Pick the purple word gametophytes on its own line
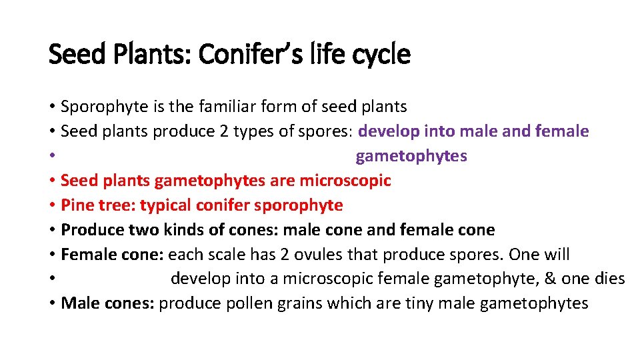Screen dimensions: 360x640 click(411, 156)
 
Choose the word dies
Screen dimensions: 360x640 click(608, 279)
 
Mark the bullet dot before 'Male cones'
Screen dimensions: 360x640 click(52, 304)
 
